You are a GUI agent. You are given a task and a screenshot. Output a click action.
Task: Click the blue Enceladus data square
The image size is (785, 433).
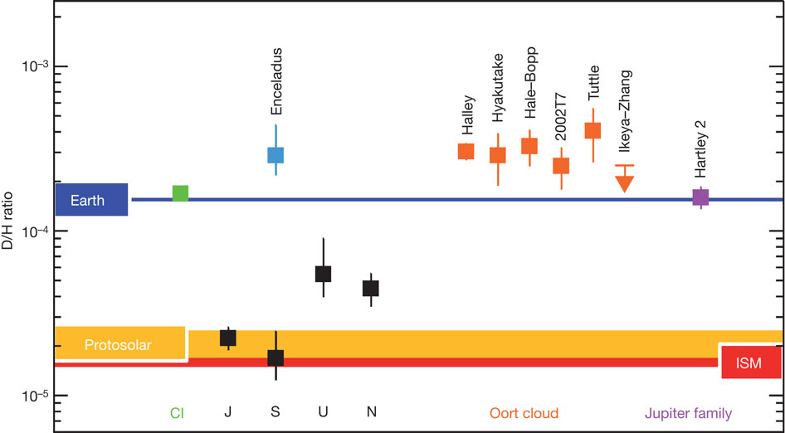point(275,154)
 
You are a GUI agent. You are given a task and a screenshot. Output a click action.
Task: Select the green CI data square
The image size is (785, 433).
point(180,193)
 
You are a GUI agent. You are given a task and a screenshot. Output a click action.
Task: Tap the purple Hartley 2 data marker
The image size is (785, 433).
point(701,197)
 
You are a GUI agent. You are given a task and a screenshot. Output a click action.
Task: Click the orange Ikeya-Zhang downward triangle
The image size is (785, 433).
point(625,183)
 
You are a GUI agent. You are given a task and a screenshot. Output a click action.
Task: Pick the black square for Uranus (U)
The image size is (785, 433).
point(324,274)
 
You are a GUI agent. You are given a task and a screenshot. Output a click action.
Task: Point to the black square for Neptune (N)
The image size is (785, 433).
point(371,288)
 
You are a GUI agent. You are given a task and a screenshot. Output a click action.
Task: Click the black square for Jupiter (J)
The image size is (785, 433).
point(227,338)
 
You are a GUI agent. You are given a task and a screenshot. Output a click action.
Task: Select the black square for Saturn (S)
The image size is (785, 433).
point(275,358)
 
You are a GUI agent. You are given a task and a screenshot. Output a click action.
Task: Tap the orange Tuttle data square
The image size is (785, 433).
point(592,130)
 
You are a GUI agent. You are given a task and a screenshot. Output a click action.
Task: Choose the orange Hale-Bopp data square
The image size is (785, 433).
point(529,146)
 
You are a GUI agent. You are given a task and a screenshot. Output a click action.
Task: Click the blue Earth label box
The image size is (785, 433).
point(91,199)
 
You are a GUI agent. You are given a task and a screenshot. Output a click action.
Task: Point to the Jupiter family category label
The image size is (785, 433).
point(689,413)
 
